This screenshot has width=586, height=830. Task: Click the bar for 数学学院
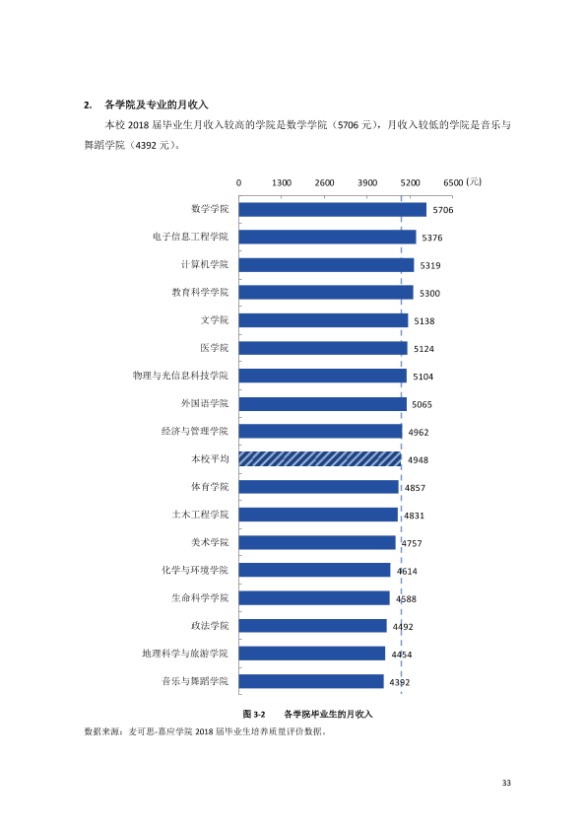[x=332, y=210]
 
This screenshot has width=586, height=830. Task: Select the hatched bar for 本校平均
[x=320, y=459]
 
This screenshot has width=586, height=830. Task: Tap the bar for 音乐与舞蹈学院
[x=311, y=681]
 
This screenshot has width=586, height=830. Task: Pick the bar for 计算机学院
[x=326, y=265]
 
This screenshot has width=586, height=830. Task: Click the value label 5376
[x=432, y=238]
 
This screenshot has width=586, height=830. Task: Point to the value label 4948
[x=418, y=460]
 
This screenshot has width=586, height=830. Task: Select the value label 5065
[x=423, y=404]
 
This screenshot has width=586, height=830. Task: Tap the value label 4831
[x=414, y=516]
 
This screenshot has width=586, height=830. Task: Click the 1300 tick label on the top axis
[x=282, y=182]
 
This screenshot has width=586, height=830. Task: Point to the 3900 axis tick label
[x=367, y=182]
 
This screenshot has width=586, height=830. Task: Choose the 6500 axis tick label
[x=453, y=182]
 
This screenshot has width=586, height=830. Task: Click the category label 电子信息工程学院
[x=190, y=237]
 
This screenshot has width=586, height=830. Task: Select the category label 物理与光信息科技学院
[x=180, y=376]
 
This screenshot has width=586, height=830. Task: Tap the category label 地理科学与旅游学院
[x=185, y=654]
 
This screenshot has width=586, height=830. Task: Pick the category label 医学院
[x=214, y=348]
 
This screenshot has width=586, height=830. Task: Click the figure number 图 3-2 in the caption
[x=254, y=714]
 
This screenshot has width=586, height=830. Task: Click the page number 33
[x=506, y=783]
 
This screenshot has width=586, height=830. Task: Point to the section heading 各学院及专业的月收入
[x=157, y=104]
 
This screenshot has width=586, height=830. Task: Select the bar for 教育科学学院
[x=326, y=292]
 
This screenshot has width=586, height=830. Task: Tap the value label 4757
[x=412, y=543]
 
